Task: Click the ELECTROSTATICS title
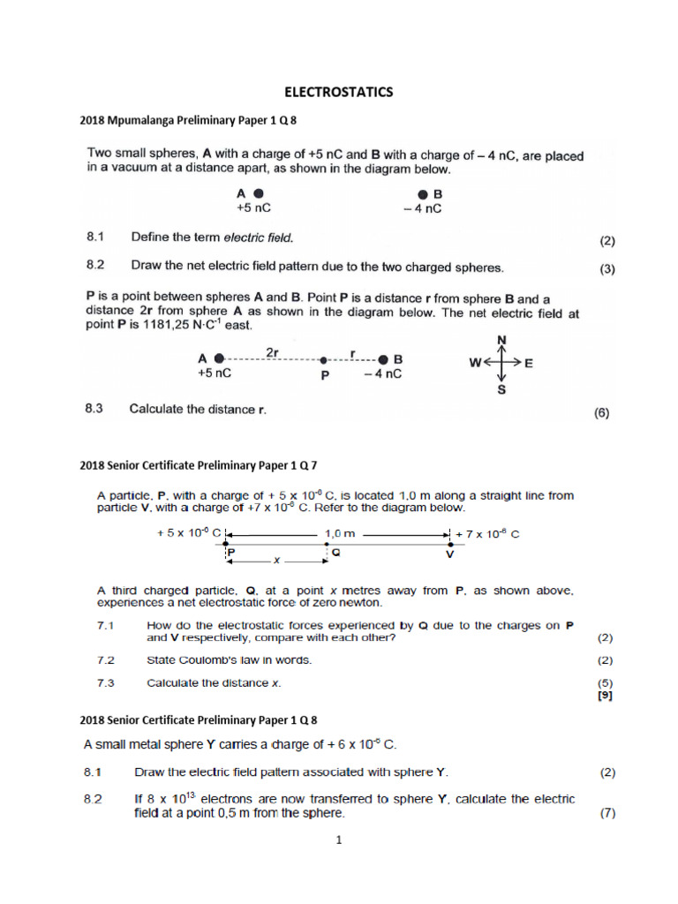(x=338, y=91)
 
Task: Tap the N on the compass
(x=502, y=339)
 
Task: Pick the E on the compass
(x=529, y=362)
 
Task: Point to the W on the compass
(x=474, y=362)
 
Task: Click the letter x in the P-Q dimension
(x=276, y=560)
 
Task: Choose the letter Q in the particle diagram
(x=335, y=548)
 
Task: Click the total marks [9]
(x=605, y=695)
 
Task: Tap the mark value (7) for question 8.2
(x=606, y=813)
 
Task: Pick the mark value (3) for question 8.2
(x=606, y=270)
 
